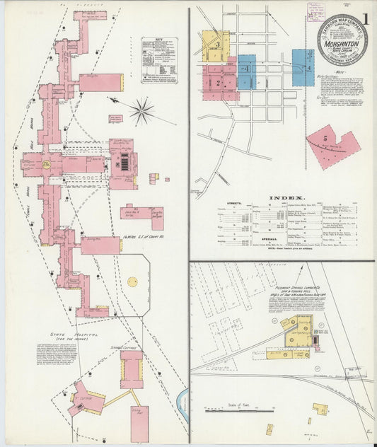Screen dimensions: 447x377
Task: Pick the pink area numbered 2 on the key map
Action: pos(219,82)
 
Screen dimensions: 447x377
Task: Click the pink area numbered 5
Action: pos(332,146)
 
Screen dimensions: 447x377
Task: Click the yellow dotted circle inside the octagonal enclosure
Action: pos(132,281)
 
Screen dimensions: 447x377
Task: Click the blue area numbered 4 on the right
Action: pos(302,67)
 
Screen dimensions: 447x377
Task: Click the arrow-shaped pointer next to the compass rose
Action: pos(117,101)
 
